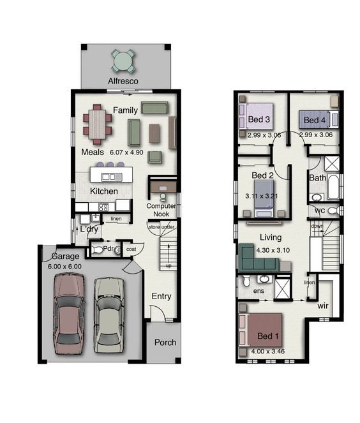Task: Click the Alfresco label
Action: pyautogui.click(x=124, y=82)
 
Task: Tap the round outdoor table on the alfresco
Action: pyautogui.click(x=124, y=61)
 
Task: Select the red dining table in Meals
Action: pyautogui.click(x=97, y=124)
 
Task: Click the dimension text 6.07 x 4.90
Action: pyautogui.click(x=128, y=153)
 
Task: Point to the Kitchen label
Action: pyautogui.click(x=103, y=191)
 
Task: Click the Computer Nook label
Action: pyautogui.click(x=161, y=211)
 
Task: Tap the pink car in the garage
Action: pyautogui.click(x=68, y=312)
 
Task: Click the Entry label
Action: pyautogui.click(x=161, y=296)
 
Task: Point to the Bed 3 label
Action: pyautogui.click(x=258, y=120)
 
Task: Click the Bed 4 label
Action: pyautogui.click(x=314, y=120)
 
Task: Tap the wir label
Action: pyautogui.click(x=324, y=306)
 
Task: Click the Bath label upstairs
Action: pyautogui.click(x=317, y=178)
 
